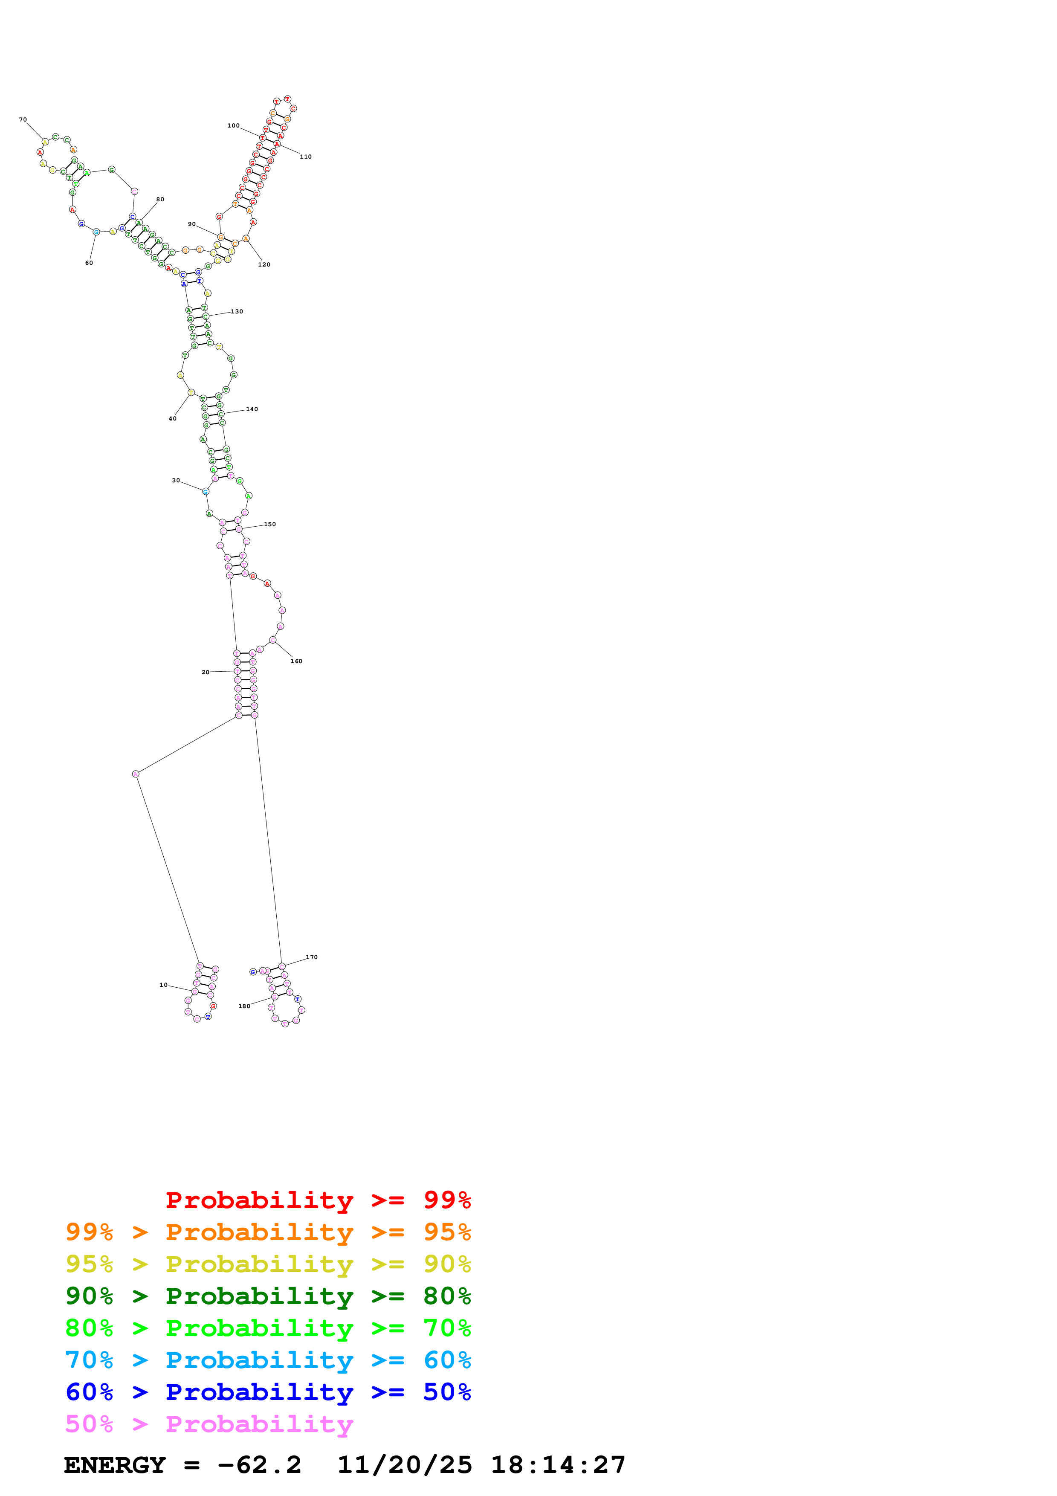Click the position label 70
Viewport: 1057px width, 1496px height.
[x=23, y=120]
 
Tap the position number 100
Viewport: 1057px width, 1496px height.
[x=233, y=126]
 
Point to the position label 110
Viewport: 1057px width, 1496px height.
[x=305, y=157]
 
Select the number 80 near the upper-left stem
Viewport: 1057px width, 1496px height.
[x=160, y=200]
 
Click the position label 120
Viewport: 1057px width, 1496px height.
[x=264, y=264]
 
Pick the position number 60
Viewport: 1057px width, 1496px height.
[x=89, y=263]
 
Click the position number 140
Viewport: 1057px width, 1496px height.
[x=252, y=409]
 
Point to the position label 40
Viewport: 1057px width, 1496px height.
[x=173, y=419]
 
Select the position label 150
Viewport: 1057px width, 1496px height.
[x=269, y=525]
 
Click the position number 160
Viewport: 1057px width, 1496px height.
[x=296, y=661]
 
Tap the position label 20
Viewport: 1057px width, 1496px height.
[x=205, y=673]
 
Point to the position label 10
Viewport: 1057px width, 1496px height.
[x=163, y=985]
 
